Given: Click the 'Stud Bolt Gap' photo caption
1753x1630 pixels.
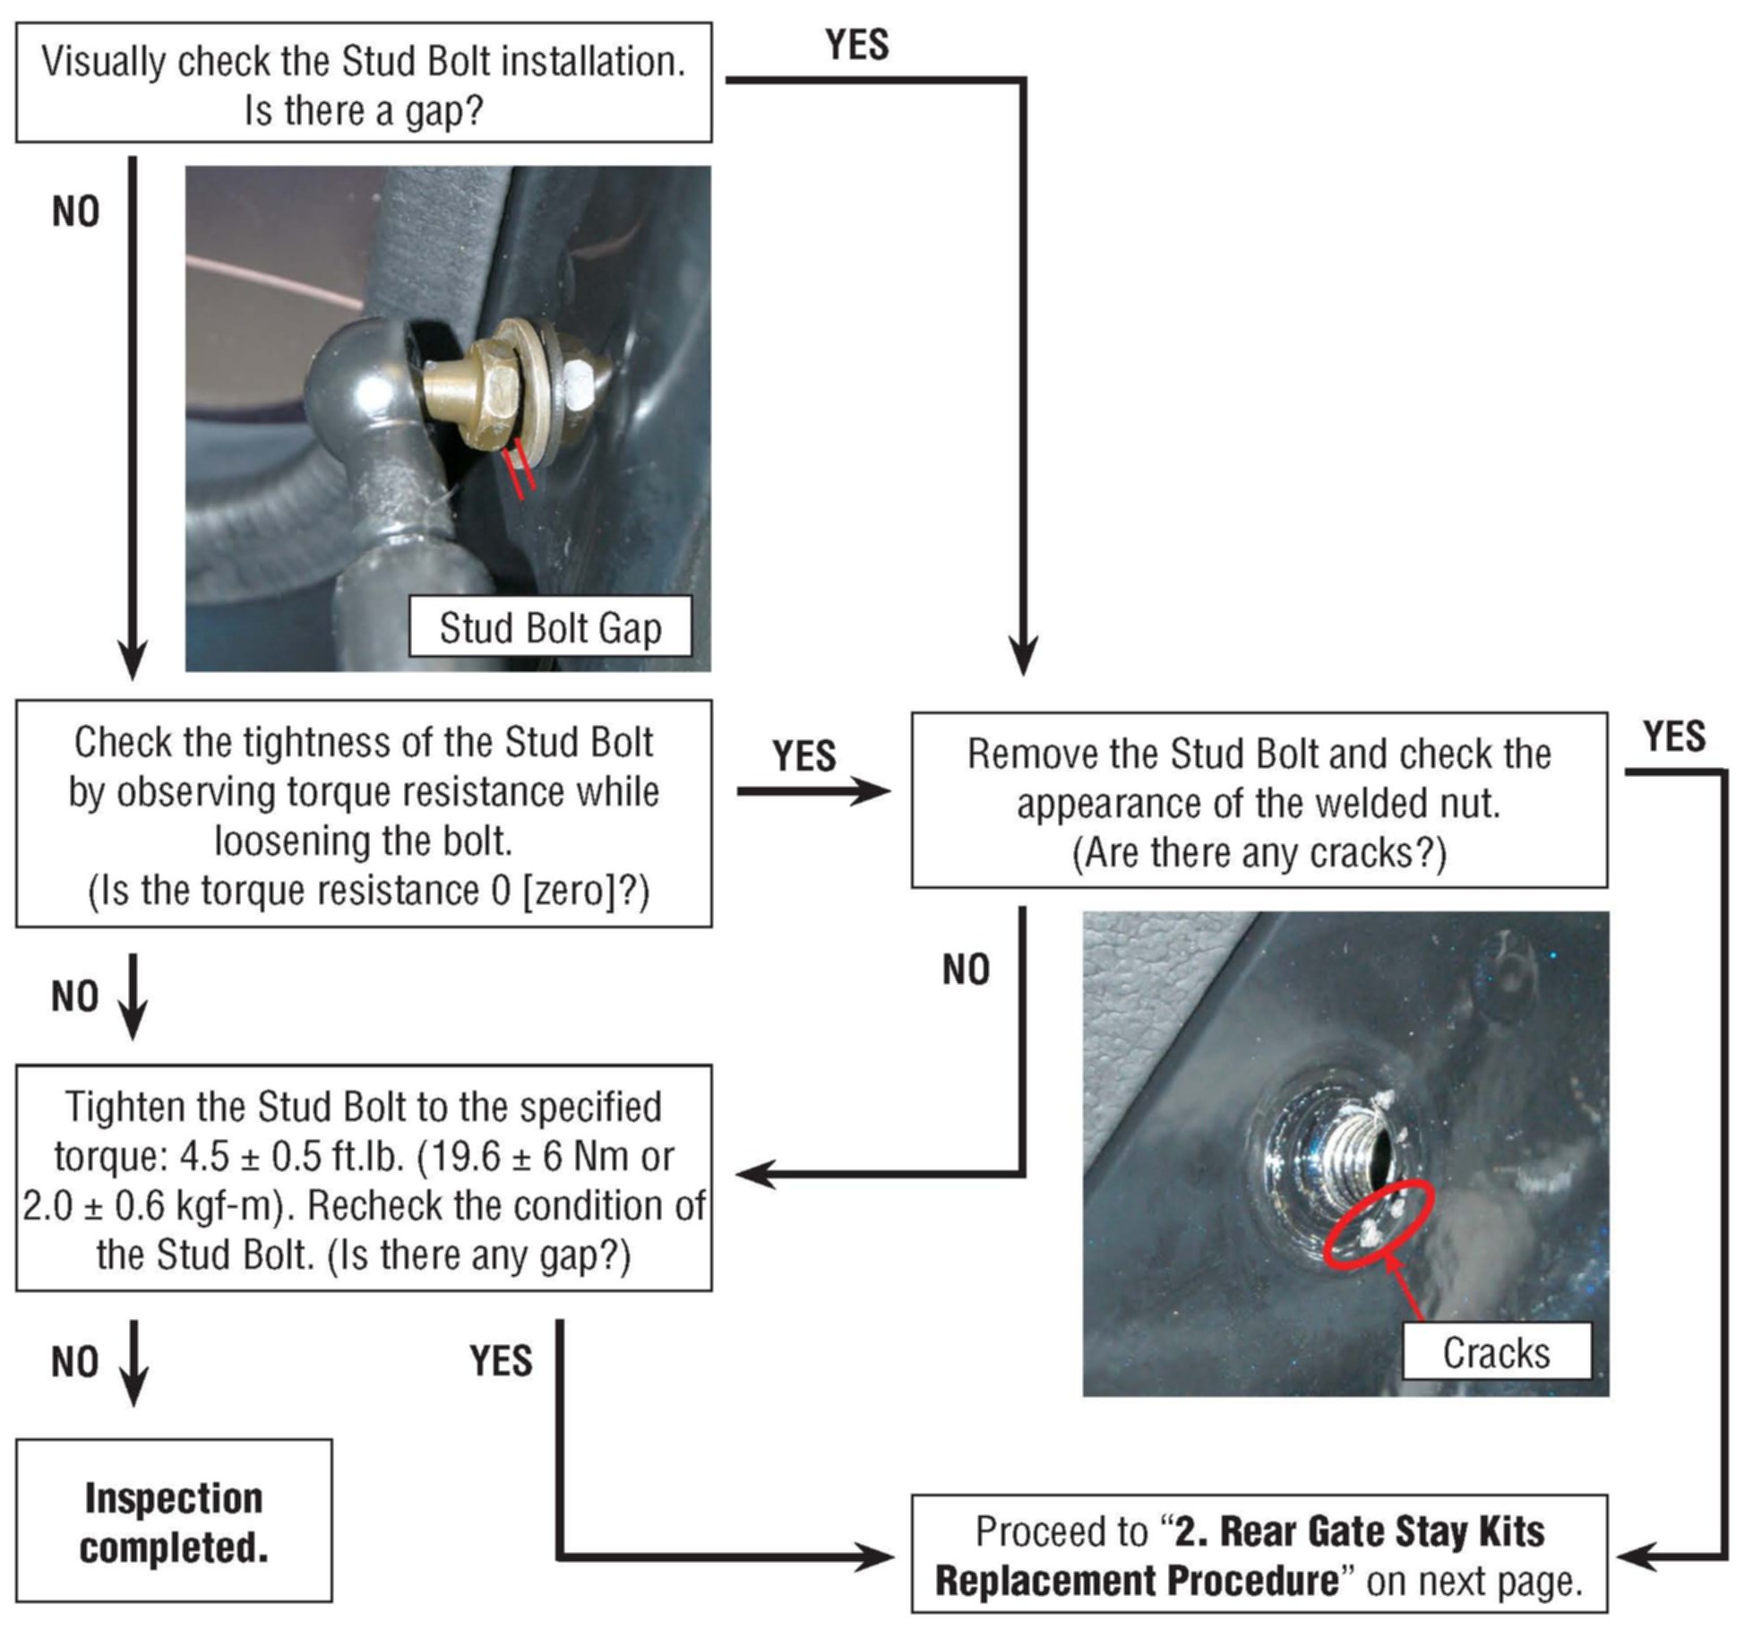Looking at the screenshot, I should pos(549,627).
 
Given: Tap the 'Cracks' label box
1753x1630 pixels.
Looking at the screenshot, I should pos(1496,1352).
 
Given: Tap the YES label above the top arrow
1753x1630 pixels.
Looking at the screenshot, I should pos(857,45).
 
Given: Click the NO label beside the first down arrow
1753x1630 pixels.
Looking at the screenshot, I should pos(75,212).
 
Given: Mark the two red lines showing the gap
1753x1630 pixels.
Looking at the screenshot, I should pos(519,468).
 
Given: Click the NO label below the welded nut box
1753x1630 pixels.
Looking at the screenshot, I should pos(966,970).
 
